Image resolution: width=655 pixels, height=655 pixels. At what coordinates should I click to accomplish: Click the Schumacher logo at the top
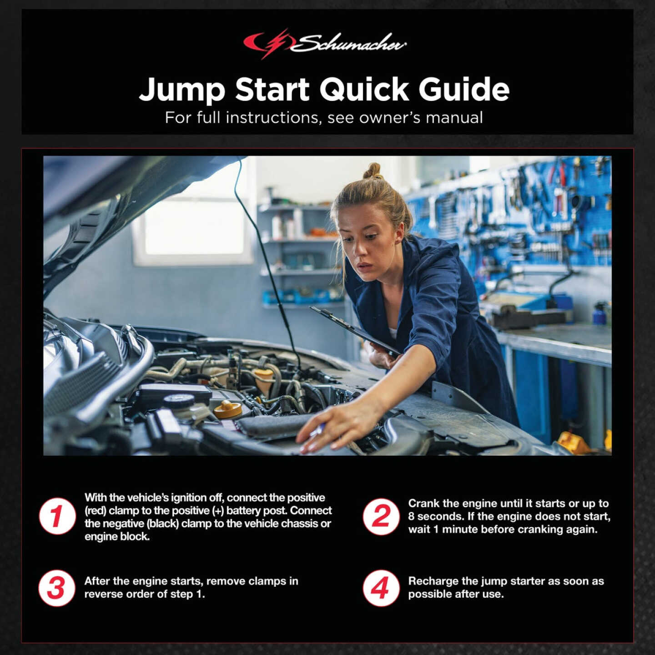325,44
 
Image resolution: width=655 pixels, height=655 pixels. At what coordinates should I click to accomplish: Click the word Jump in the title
182,90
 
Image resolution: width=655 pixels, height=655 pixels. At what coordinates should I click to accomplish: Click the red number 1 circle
57,516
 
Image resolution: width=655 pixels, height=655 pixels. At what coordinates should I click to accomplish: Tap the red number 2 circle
381,516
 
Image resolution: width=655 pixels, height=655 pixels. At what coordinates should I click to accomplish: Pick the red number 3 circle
57,588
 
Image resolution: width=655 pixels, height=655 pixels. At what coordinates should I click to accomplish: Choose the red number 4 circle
381,588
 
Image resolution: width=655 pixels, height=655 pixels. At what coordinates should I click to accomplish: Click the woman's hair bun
373,171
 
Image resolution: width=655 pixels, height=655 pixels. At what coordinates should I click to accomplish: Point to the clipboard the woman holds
355,330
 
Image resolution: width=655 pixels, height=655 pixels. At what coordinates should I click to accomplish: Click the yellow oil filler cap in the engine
228,409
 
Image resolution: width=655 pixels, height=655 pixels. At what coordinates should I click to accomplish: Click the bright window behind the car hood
193,227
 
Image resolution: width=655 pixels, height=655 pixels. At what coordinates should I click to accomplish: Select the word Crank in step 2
423,504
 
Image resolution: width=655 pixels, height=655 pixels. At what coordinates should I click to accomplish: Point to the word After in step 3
97,581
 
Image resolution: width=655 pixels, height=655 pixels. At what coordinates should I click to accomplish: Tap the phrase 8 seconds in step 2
432,516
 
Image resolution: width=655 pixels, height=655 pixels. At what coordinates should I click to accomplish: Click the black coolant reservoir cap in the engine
179,401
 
